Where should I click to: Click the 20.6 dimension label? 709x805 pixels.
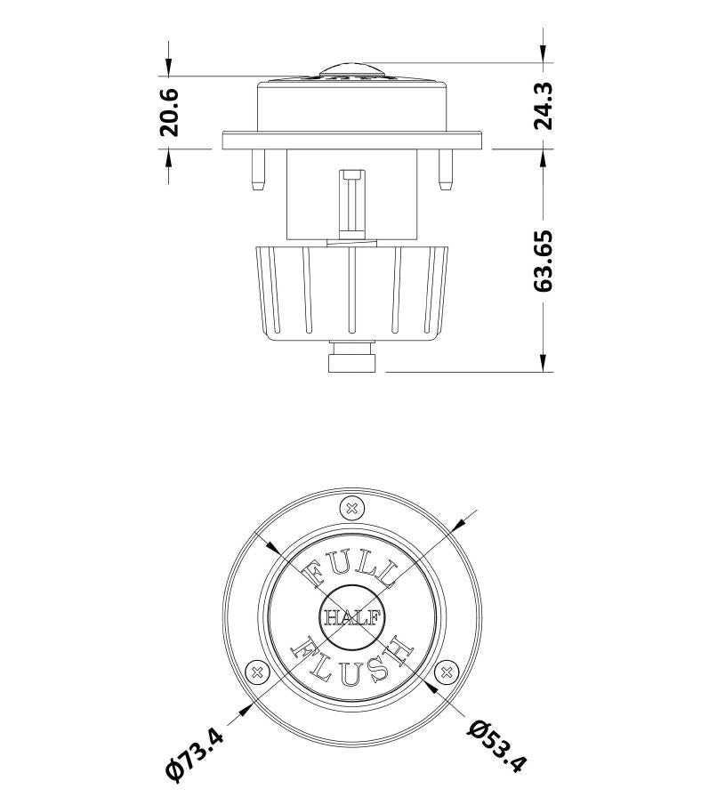point(169,112)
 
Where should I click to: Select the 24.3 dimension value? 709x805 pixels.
point(544,106)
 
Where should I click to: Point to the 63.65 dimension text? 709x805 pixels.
point(544,262)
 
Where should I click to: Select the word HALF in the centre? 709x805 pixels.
point(351,616)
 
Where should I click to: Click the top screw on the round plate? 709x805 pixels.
point(351,509)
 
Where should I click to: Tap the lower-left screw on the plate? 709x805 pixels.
point(257,672)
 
